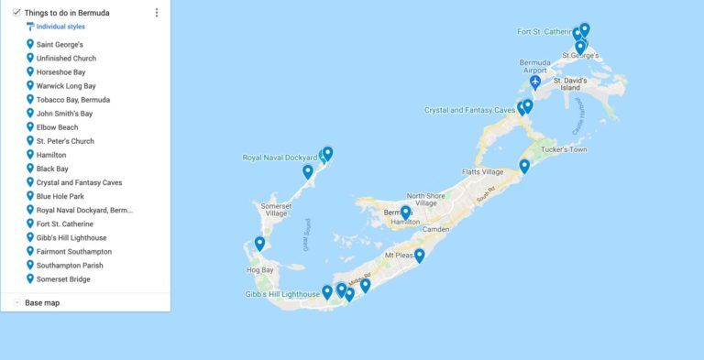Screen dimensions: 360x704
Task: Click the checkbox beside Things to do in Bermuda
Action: coord(17,13)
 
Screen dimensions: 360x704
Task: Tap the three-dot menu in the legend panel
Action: coord(157,13)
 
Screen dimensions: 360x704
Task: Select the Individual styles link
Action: coord(60,27)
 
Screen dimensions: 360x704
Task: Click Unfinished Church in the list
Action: coord(66,59)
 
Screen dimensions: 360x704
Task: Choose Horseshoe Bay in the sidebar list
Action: coord(61,72)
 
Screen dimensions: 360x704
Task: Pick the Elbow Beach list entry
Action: coord(57,127)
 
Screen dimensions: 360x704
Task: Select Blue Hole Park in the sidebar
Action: coord(60,196)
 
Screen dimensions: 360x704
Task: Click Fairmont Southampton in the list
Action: coord(74,251)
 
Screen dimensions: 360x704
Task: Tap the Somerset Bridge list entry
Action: coord(63,278)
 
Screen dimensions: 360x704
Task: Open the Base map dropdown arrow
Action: coord(17,302)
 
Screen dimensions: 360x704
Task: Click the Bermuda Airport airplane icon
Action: coord(535,83)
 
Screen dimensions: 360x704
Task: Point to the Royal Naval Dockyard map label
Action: coord(279,158)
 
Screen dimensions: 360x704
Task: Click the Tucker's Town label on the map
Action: coord(564,149)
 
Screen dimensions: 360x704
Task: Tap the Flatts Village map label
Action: coord(483,171)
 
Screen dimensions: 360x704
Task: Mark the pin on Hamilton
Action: coord(405,213)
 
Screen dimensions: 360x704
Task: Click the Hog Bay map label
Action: coord(260,270)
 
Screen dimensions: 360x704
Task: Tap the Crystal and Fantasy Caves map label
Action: coord(469,110)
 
